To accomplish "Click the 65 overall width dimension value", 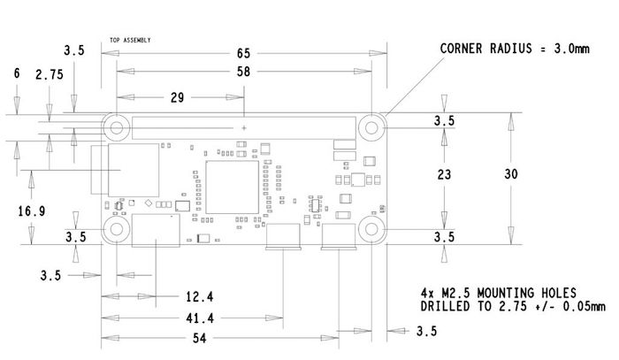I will click(243, 54).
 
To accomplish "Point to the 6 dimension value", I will click(17, 75).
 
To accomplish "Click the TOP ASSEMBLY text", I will click(131, 40).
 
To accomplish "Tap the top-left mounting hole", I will click(116, 127).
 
